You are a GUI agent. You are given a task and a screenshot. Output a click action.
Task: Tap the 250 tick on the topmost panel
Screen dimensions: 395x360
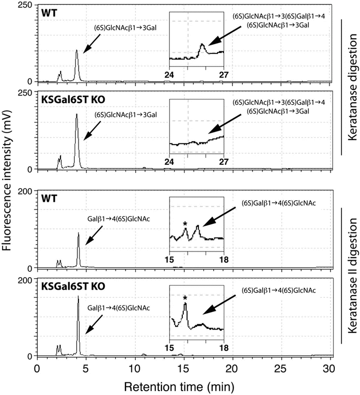(23, 5)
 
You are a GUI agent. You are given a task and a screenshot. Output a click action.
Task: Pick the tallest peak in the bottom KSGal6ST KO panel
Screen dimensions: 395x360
(79, 297)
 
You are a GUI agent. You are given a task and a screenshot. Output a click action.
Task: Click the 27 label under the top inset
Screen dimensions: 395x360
(224, 70)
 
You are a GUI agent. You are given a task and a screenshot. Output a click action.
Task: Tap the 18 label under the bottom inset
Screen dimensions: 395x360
(223, 347)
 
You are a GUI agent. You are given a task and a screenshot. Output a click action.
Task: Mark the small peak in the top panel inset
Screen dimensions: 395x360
(202, 45)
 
